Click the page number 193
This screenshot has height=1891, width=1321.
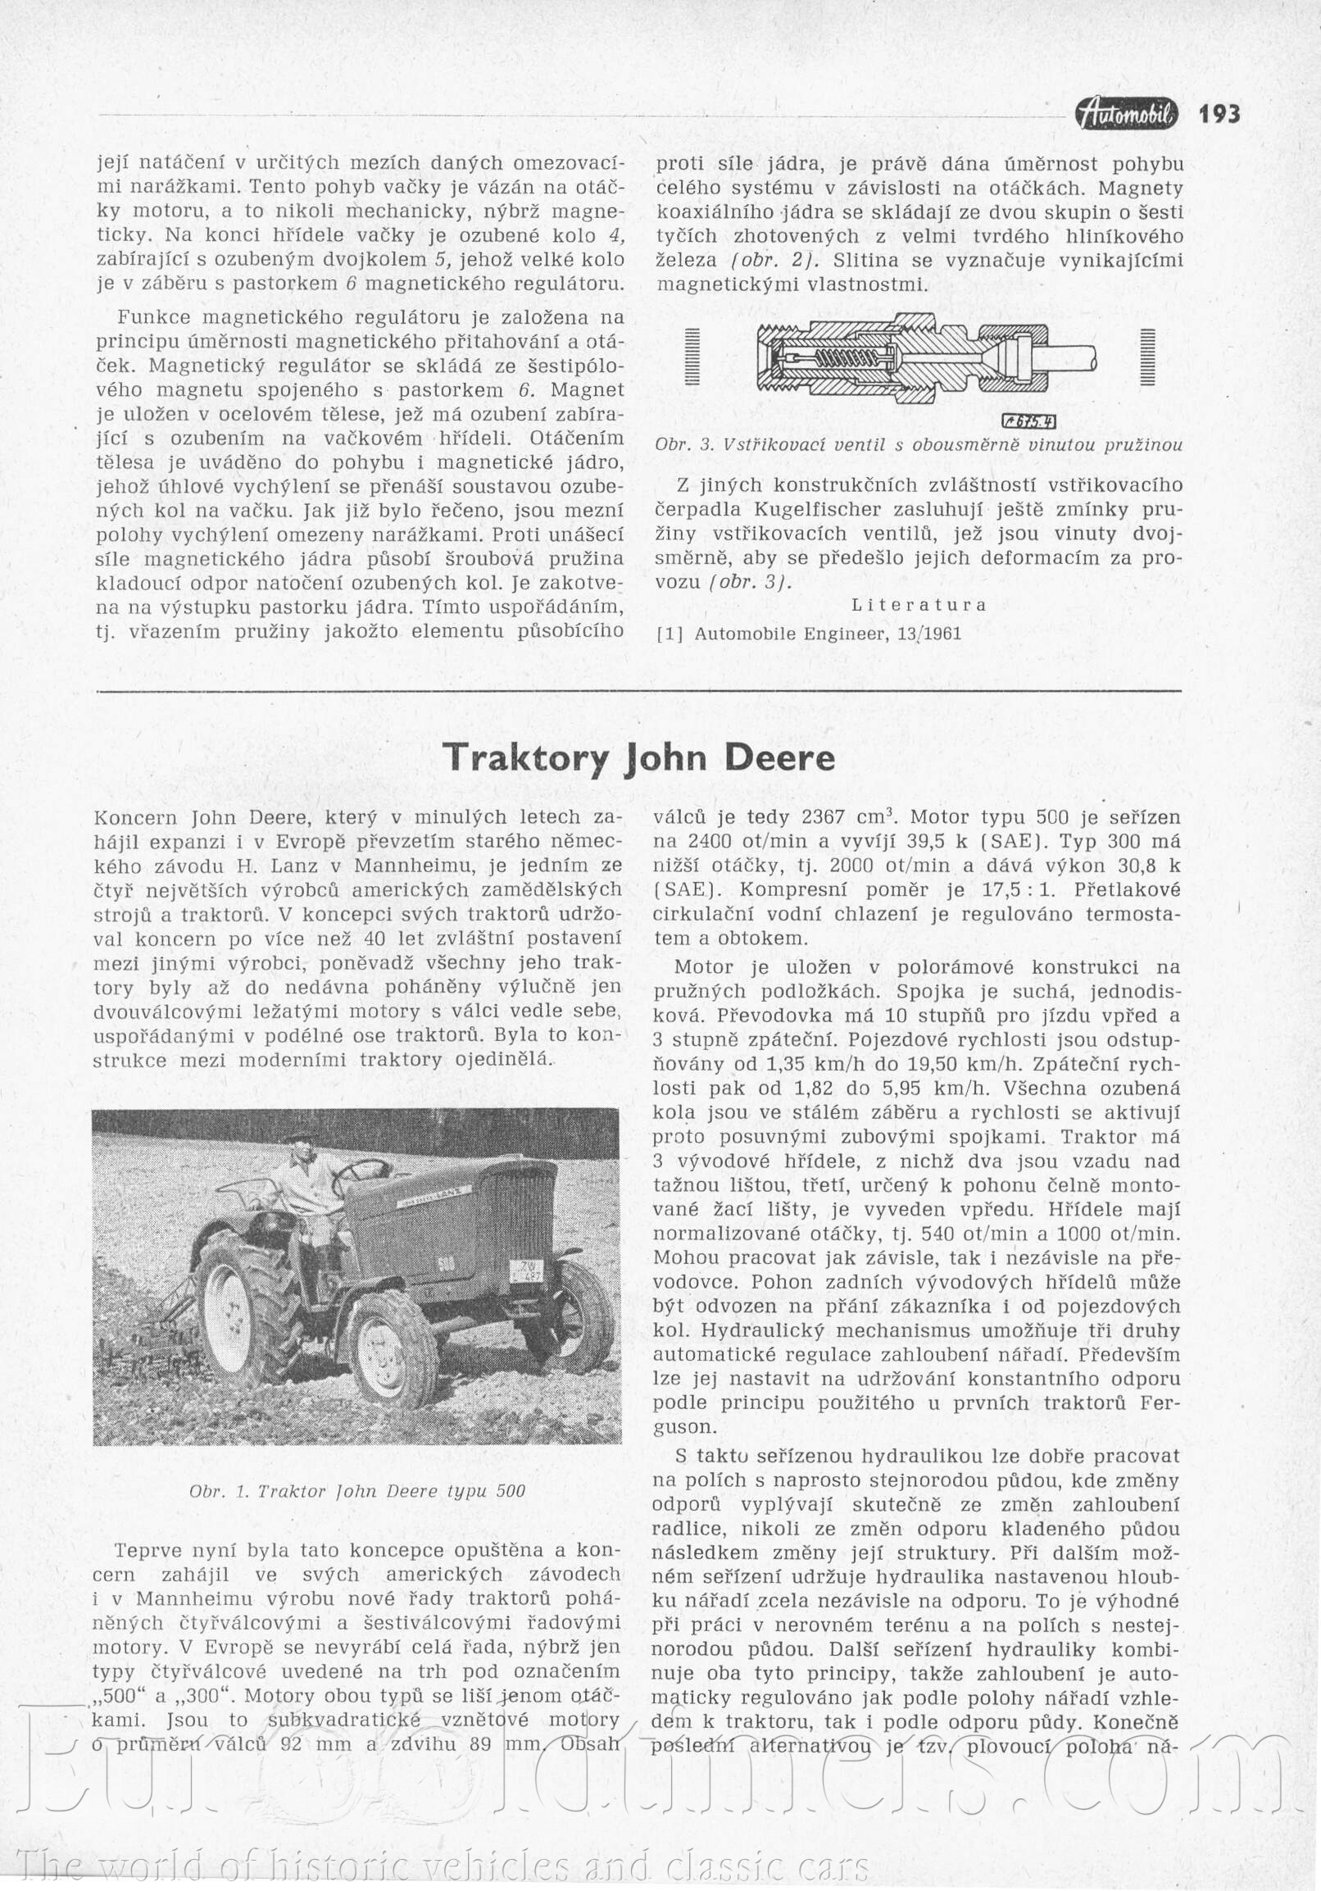(x=1219, y=113)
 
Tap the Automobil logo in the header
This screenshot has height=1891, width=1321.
(x=1127, y=114)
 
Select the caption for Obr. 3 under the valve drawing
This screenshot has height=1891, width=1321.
(x=919, y=445)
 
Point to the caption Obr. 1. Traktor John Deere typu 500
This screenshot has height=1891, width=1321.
(x=356, y=1492)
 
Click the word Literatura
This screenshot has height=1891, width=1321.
(x=919, y=605)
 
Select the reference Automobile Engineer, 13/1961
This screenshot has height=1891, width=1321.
(x=828, y=634)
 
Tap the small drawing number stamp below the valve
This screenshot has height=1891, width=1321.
(x=1028, y=422)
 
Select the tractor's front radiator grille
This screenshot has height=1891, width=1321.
(x=521, y=1203)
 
